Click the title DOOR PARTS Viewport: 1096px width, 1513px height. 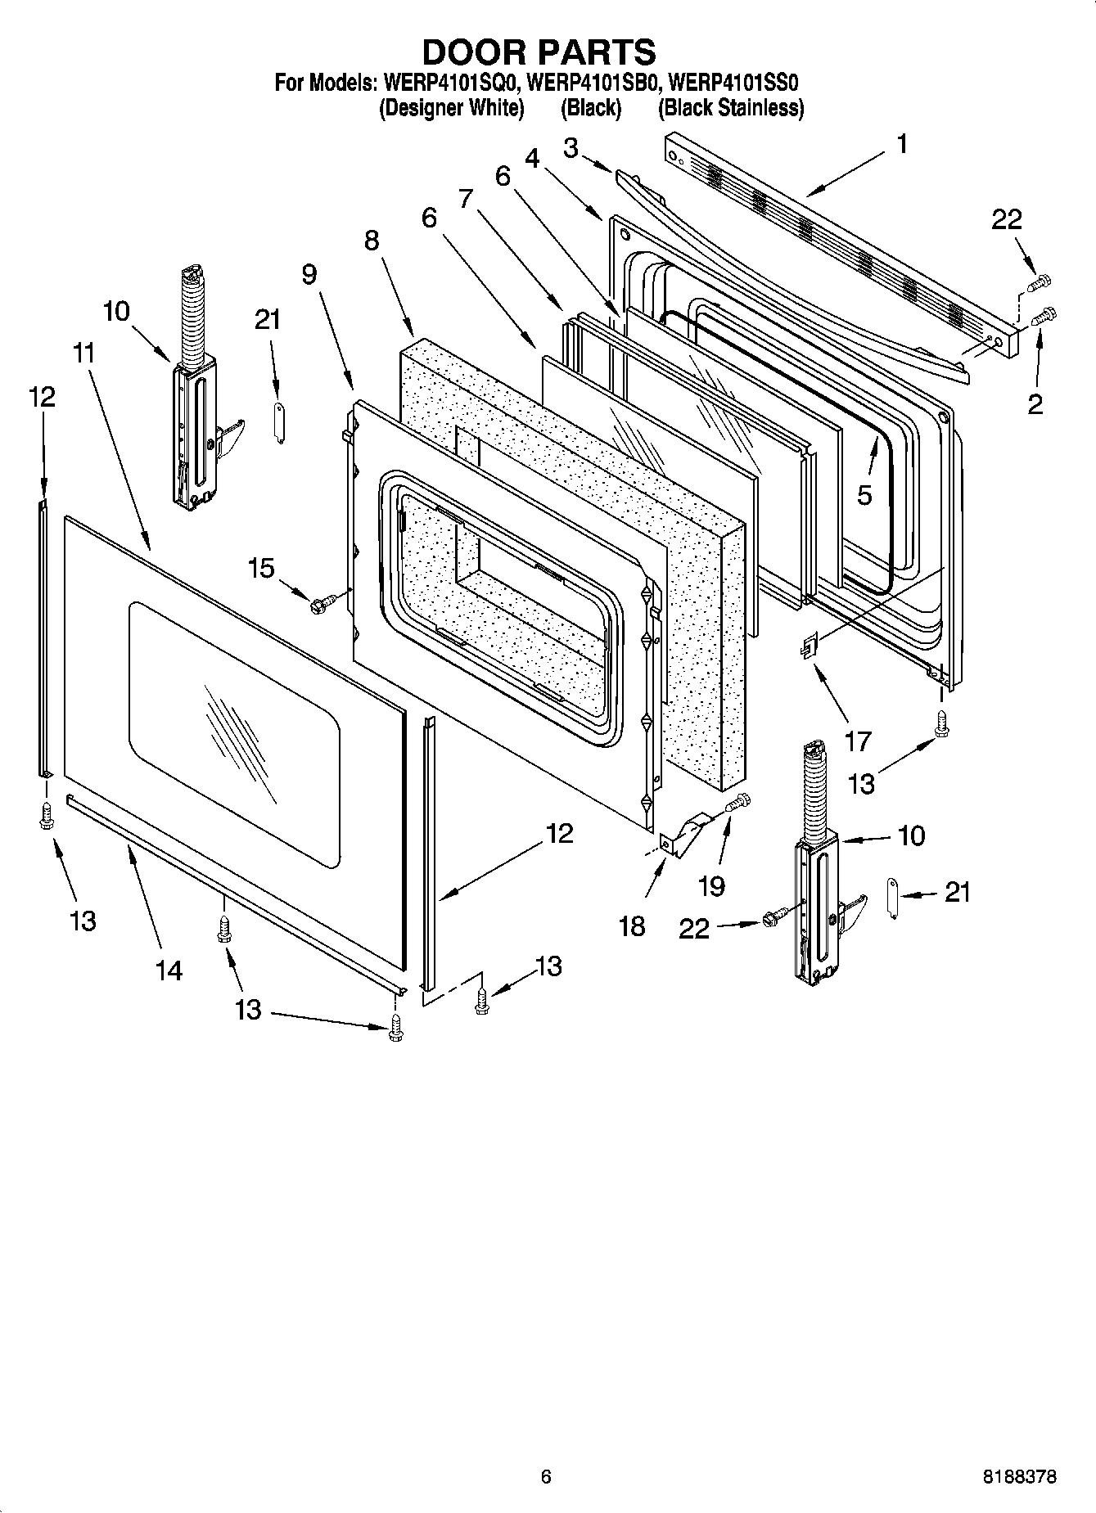click(x=539, y=52)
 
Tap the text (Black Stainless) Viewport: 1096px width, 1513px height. click(x=731, y=108)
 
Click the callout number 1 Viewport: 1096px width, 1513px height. click(x=901, y=145)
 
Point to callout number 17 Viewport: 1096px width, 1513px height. click(x=859, y=741)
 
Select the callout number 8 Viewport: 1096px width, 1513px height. click(x=372, y=240)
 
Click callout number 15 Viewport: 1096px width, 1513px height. click(x=261, y=567)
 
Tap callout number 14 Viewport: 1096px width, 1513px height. click(x=170, y=970)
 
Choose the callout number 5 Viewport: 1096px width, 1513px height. click(x=865, y=494)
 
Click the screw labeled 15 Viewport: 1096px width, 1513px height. click(x=318, y=605)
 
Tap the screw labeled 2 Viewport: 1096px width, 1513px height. click(x=1045, y=316)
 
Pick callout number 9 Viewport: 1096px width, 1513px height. click(x=309, y=274)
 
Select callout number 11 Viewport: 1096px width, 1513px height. click(x=83, y=353)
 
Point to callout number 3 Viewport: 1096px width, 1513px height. click(x=571, y=148)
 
